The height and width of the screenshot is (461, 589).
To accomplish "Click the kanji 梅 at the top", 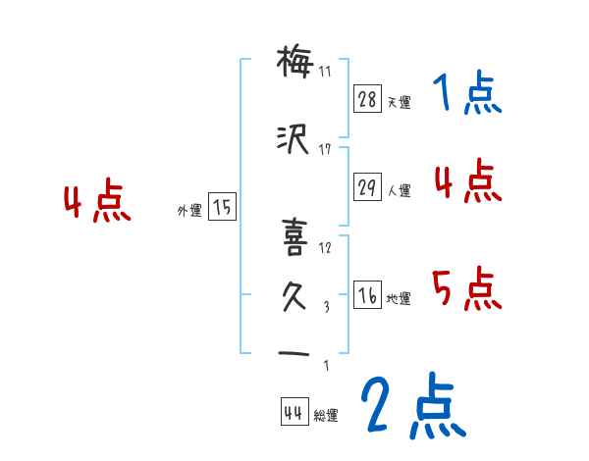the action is (294, 64).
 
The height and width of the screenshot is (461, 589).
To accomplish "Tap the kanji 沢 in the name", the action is (294, 140).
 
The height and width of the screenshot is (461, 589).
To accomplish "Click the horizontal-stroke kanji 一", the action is (294, 354).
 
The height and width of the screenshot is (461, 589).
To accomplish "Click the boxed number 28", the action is (367, 100).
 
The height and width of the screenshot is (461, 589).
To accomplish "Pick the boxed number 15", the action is (223, 207).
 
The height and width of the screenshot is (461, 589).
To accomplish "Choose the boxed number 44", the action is (294, 413).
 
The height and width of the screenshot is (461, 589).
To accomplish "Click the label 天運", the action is (399, 102).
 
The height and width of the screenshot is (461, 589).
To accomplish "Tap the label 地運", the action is (399, 299).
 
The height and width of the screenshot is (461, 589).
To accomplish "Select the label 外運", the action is (189, 209).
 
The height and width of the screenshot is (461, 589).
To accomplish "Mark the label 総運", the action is (326, 416).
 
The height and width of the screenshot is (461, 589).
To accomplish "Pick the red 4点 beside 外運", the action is (96, 204).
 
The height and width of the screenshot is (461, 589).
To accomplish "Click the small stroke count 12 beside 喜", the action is (326, 247).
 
